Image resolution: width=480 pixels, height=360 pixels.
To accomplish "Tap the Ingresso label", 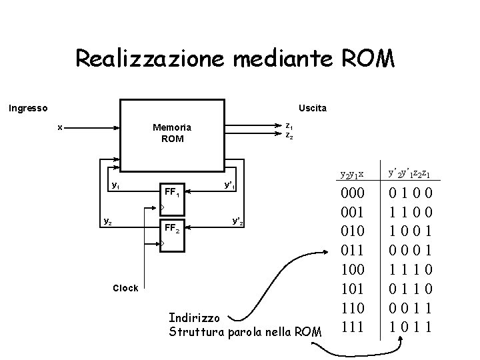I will (27, 107).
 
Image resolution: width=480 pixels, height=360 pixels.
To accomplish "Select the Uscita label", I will (313, 107).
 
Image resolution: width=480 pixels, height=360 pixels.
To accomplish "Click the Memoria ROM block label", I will (172, 133).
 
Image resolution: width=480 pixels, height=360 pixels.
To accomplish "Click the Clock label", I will (125, 288).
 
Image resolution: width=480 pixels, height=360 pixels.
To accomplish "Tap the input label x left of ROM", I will (61, 127).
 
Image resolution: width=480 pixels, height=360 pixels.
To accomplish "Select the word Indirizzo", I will (197, 317).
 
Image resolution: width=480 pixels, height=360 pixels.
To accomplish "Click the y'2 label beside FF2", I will (237, 221).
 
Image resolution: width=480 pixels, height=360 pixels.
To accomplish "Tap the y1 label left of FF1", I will (115, 185).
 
